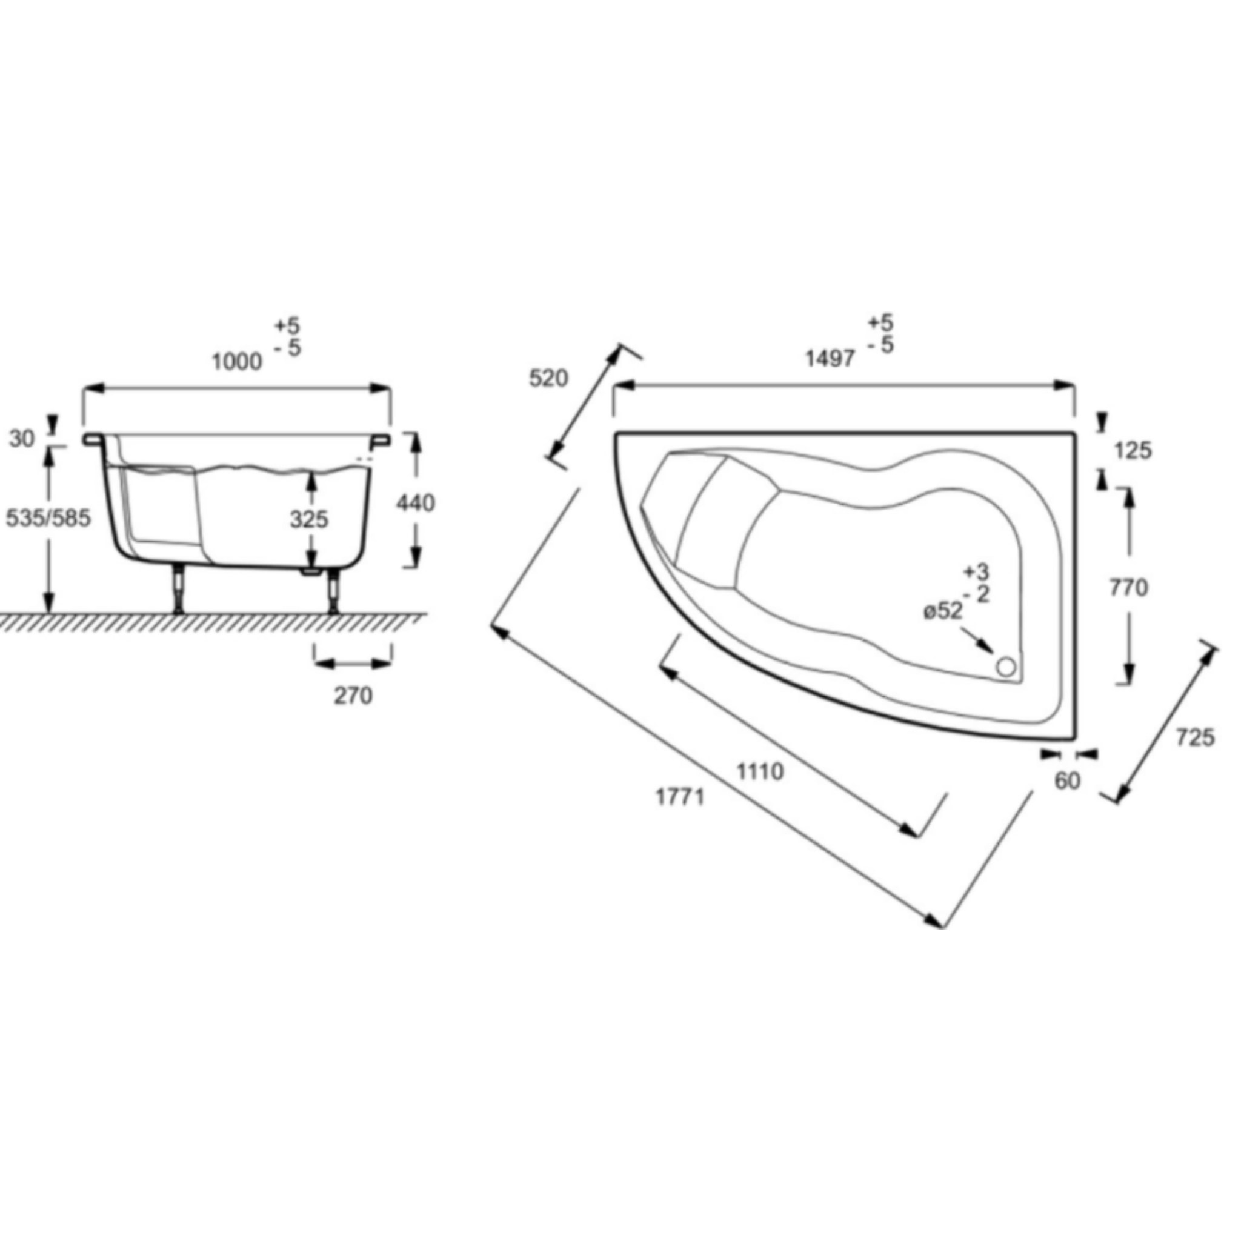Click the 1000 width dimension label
pos(237,362)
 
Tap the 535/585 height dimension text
pos(49,517)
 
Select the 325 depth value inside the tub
pos(309,519)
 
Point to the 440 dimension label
pos(416,503)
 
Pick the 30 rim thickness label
pos(22,439)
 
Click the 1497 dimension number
pos(831,359)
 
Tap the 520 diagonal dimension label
pos(548,378)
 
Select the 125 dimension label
pos(1133,451)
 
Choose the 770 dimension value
pos(1128,587)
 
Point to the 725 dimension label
pos(1196,737)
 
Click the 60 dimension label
pos(1068,781)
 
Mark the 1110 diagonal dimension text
pos(760,771)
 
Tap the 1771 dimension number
pos(680,797)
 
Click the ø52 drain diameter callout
pos(943,611)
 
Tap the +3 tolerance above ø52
pos(976,571)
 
